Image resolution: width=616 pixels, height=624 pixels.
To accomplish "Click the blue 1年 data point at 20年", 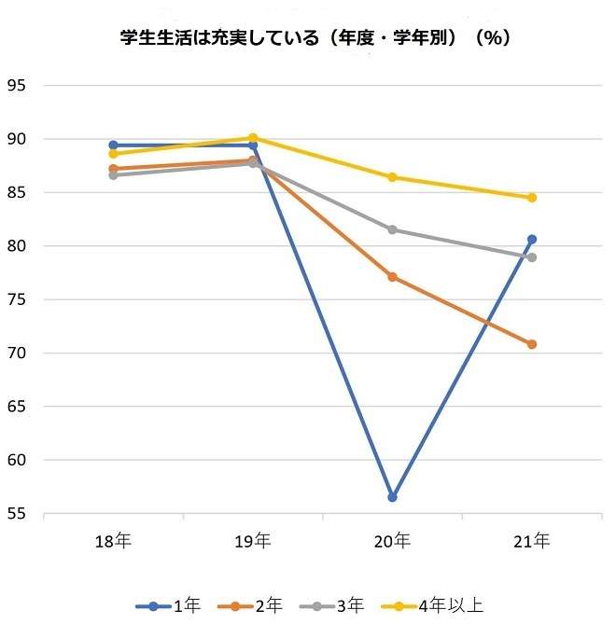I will pos(392,497).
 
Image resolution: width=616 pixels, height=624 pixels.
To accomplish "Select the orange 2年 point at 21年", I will pos(532,344).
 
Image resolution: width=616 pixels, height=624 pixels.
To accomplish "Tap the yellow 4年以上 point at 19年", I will pos(253,138).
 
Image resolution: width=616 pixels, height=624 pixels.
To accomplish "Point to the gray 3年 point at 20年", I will pos(392,229).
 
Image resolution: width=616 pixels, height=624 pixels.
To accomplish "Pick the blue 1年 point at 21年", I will pos(532,240).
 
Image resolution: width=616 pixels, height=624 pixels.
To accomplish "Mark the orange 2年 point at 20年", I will pos(392,277).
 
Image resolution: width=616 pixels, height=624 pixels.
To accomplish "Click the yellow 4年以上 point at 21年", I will pos(532,198).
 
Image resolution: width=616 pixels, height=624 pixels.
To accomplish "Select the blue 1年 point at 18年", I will pos(113,146).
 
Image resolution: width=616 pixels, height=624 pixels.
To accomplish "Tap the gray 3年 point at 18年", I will pos(113,175).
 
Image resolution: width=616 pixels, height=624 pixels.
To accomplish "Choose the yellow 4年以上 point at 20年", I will pos(392,177).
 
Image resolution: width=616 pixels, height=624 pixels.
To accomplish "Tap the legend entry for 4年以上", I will pos(439,605).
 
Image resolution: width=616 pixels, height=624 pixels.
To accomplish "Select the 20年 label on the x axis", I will pos(392,541).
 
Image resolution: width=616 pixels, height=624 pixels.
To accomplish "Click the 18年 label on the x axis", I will pos(113,541).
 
